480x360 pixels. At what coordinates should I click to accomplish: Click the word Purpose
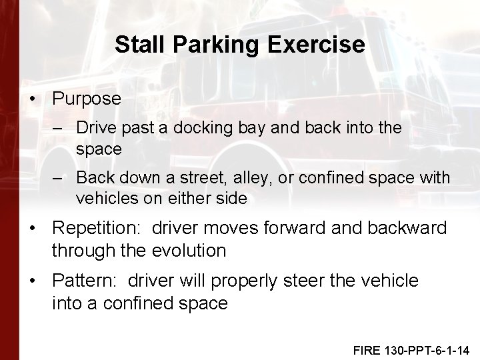point(87,99)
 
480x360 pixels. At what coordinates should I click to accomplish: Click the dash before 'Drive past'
point(61,127)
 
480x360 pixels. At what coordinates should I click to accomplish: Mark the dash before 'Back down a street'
point(61,178)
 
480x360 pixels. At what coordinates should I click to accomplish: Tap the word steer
point(320,281)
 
